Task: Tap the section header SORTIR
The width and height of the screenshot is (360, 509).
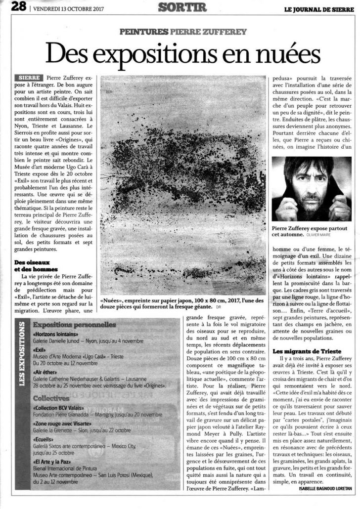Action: coord(180,7)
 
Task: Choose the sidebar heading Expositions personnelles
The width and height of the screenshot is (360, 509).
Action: coord(74,325)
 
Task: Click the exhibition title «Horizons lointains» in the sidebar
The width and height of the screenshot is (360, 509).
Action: coord(52,334)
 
